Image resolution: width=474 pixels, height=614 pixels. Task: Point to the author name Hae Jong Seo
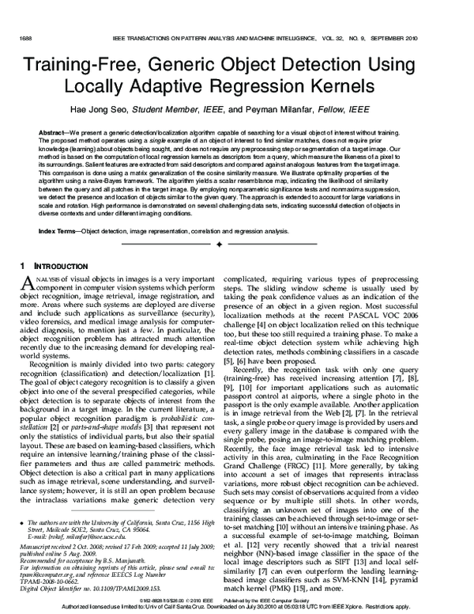click(x=157, y=110)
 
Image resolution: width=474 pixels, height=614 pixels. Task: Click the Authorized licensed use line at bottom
click(x=237, y=608)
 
